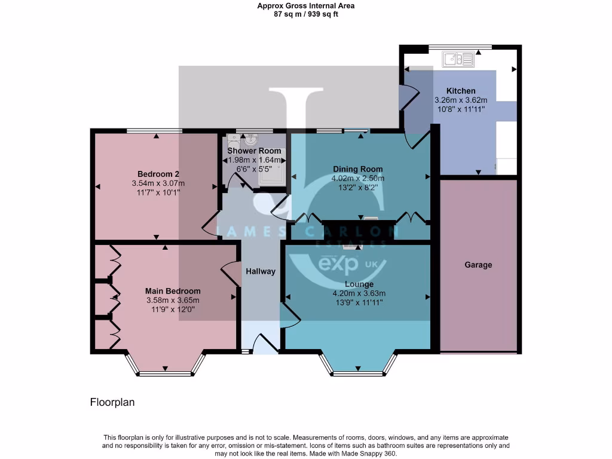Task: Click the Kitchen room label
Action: click(x=461, y=91)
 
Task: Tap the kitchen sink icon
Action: click(x=458, y=59)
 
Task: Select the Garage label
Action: click(x=478, y=265)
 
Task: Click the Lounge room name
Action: click(x=359, y=284)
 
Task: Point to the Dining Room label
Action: click(x=357, y=169)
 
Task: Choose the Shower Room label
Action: click(x=254, y=151)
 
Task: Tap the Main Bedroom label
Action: click(x=173, y=291)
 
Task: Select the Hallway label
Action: click(x=261, y=271)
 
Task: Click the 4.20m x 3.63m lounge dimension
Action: click(x=359, y=293)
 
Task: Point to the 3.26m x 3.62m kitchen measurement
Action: click(x=461, y=100)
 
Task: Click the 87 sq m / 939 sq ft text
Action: click(x=306, y=14)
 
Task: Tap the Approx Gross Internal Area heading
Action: click(x=306, y=6)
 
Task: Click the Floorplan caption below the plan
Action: click(x=112, y=402)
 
